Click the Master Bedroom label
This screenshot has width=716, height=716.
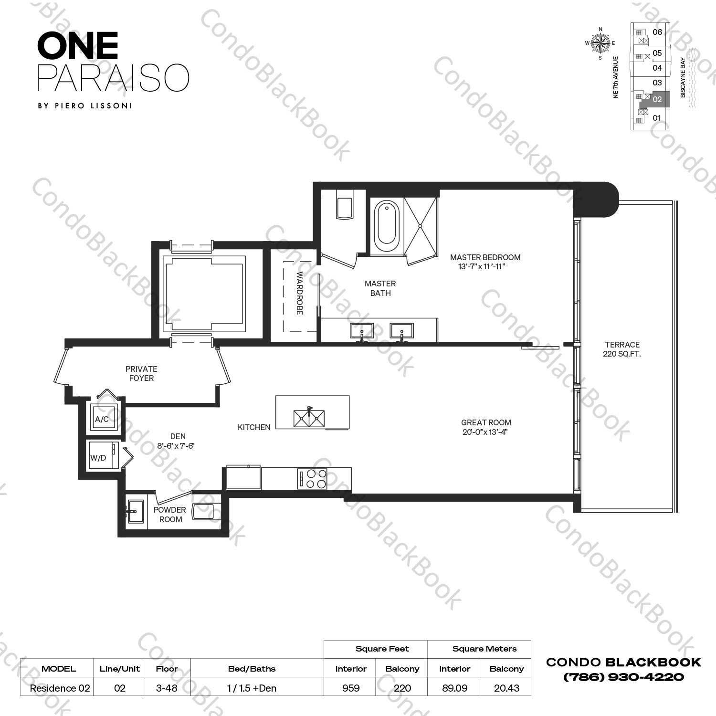485,262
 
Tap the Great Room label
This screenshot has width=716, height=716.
486,427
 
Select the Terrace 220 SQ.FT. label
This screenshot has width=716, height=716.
622,349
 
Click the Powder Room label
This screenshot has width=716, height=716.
170,515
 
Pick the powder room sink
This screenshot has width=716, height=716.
134,513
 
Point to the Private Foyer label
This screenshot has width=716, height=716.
141,373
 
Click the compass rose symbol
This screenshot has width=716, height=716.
600,43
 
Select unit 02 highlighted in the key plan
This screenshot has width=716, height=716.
657,100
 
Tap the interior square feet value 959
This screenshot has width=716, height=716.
350,688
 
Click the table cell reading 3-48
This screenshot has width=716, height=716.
167,688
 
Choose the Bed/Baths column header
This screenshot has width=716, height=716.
252,669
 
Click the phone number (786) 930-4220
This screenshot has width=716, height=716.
623,677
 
